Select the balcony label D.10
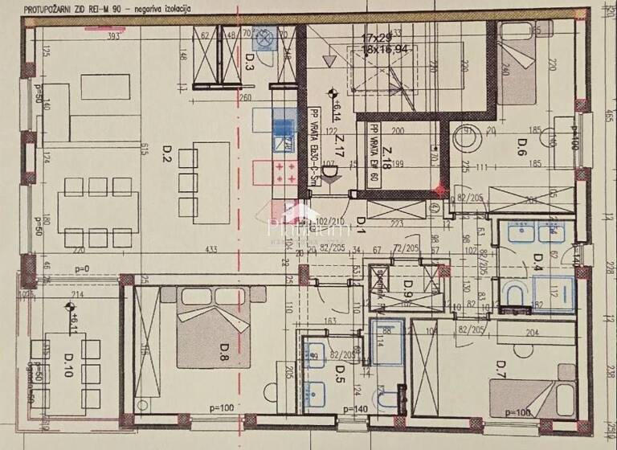click(x=67, y=371)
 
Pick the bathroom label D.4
click(x=539, y=260)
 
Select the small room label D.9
click(x=407, y=284)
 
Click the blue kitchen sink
click(x=283, y=126)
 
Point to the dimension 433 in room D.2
click(x=212, y=249)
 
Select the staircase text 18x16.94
click(x=386, y=49)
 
